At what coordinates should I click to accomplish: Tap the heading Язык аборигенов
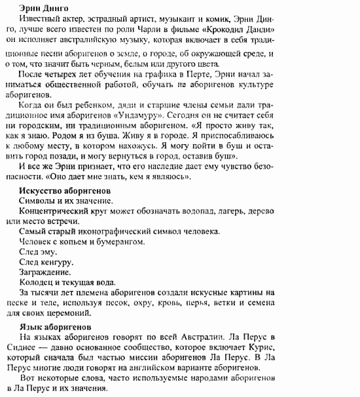coord(56,326)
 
